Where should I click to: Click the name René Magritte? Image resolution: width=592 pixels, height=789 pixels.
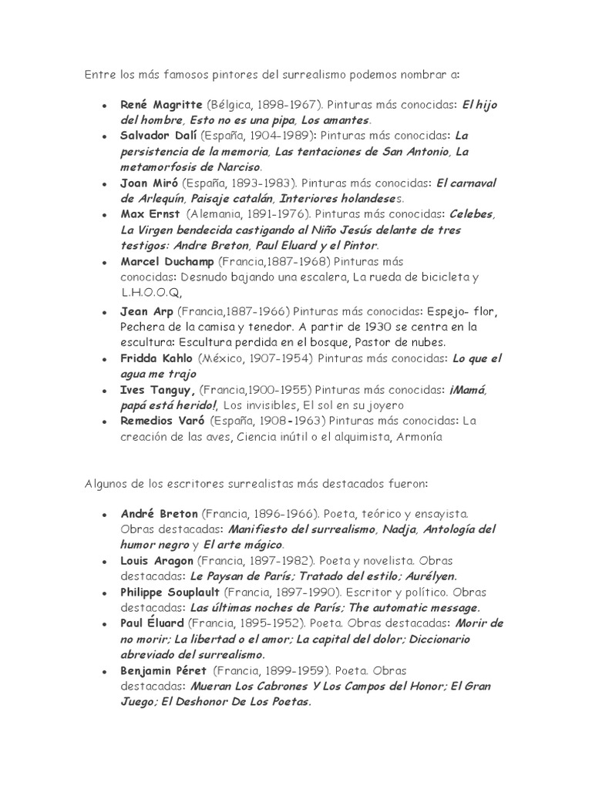[160, 103]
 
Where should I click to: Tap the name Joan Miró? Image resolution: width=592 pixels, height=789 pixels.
[148, 183]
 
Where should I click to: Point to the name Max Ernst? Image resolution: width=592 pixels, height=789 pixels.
[150, 214]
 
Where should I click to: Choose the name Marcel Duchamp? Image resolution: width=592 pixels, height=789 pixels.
[168, 262]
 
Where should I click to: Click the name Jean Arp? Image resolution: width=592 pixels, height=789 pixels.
[146, 311]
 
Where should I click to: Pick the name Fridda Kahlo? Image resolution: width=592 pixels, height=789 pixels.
[156, 358]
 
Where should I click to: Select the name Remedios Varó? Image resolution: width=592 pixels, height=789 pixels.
[162, 421]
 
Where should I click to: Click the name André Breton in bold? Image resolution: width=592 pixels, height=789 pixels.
[160, 513]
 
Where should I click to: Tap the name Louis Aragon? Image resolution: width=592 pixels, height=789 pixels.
[157, 560]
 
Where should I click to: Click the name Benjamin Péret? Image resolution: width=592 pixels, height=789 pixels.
[163, 671]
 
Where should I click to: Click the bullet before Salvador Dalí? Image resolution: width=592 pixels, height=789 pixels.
[104, 136]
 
